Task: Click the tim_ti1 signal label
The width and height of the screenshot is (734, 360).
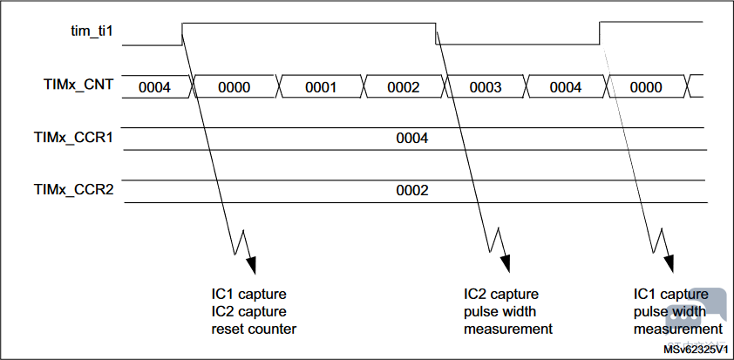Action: point(92,31)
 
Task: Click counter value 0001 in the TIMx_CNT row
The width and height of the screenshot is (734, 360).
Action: point(320,87)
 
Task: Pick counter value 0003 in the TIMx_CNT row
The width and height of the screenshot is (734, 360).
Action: point(486,87)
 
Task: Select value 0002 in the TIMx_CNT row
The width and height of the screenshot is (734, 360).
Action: point(404,87)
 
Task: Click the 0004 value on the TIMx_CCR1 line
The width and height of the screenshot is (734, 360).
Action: point(411,138)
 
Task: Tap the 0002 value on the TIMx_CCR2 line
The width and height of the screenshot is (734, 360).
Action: point(411,189)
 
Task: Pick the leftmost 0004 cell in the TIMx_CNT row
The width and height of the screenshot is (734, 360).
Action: point(153,87)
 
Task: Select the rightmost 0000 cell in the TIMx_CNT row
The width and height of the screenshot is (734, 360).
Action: point(646,87)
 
